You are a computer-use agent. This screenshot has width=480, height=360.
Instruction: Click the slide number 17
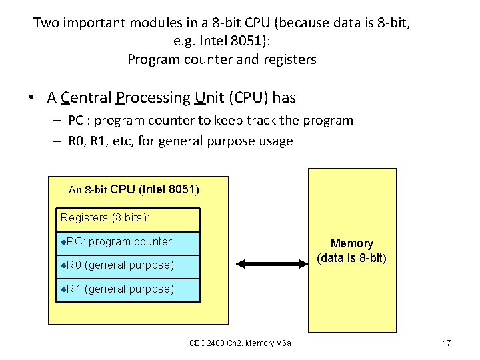click(x=447, y=343)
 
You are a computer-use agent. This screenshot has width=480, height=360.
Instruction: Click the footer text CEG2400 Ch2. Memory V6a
click(x=245, y=343)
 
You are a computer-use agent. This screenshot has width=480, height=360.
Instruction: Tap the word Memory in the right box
click(x=351, y=243)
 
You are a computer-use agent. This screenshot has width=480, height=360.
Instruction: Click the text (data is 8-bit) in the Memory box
click(x=351, y=258)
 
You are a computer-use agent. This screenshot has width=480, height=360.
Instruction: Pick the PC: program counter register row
click(x=127, y=242)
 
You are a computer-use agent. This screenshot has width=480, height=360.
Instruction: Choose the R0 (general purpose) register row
click(x=127, y=265)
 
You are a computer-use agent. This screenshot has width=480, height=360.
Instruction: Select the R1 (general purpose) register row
click(x=127, y=289)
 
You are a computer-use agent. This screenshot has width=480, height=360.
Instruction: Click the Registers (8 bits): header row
click(x=127, y=219)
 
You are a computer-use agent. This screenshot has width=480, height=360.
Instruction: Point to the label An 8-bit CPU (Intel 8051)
click(x=133, y=189)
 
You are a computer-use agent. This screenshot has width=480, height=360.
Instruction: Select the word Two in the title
click(x=46, y=23)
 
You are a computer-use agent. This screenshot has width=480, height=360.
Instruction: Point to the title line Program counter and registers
click(x=222, y=59)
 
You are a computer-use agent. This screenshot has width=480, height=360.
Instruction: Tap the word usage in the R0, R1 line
click(x=273, y=141)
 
